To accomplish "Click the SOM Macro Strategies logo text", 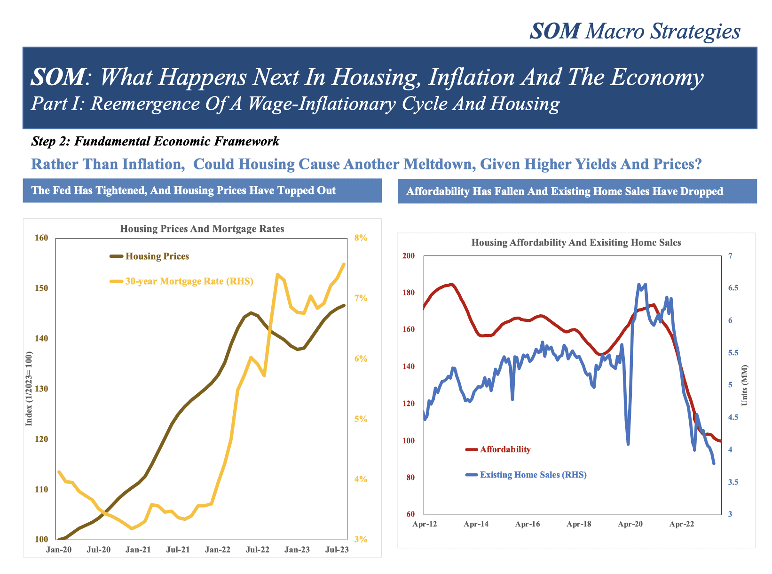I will pos(635,31).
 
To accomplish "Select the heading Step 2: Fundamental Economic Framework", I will pos(155,141).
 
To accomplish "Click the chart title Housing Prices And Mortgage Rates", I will pos(202,229).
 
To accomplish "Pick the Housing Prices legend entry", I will pos(157,256).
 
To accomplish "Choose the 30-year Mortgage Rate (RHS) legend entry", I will pos(189,281).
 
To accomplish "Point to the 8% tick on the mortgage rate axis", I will pos(361,238).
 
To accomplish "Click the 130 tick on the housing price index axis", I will pos(42,389).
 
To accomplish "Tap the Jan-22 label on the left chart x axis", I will pos(218,550).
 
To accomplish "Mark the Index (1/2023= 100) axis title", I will pos(29,389).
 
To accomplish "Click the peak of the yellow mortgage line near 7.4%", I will pos(278,274).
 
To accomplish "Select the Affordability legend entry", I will pos(505,449).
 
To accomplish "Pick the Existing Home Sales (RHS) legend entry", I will pos(533,475).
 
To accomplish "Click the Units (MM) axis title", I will pos(744,385).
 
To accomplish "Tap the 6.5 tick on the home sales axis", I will pos(733,288).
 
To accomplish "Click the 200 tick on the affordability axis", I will pos(409,256).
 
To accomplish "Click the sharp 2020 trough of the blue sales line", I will pos(628,444).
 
